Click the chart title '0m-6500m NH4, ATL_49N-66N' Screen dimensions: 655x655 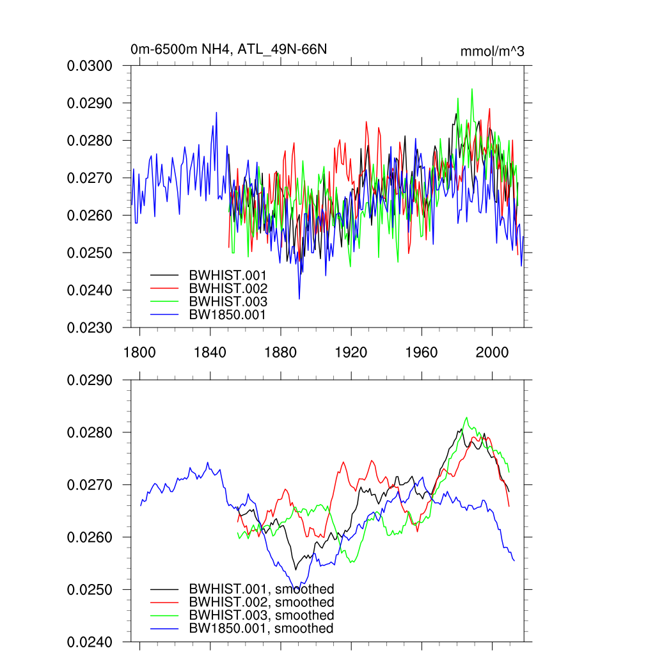[x=228, y=49]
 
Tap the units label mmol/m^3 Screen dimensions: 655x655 [x=492, y=51]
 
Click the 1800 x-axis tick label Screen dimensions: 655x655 [x=139, y=352]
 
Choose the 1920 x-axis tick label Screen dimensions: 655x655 [x=351, y=352]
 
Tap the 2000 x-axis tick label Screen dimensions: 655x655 [x=492, y=352]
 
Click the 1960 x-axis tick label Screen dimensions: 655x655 [x=422, y=352]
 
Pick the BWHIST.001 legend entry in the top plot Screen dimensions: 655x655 [x=228, y=276]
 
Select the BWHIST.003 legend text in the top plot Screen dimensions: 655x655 [x=228, y=301]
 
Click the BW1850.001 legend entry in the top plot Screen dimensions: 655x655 [x=227, y=314]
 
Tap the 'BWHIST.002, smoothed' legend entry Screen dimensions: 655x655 [x=261, y=603]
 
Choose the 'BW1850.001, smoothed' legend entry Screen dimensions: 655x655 [x=261, y=629]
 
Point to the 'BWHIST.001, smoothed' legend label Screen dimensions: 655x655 [x=261, y=589]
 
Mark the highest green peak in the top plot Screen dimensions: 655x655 [x=472, y=89]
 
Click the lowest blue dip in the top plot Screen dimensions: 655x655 [x=299, y=299]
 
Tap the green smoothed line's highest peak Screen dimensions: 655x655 [x=466, y=418]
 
